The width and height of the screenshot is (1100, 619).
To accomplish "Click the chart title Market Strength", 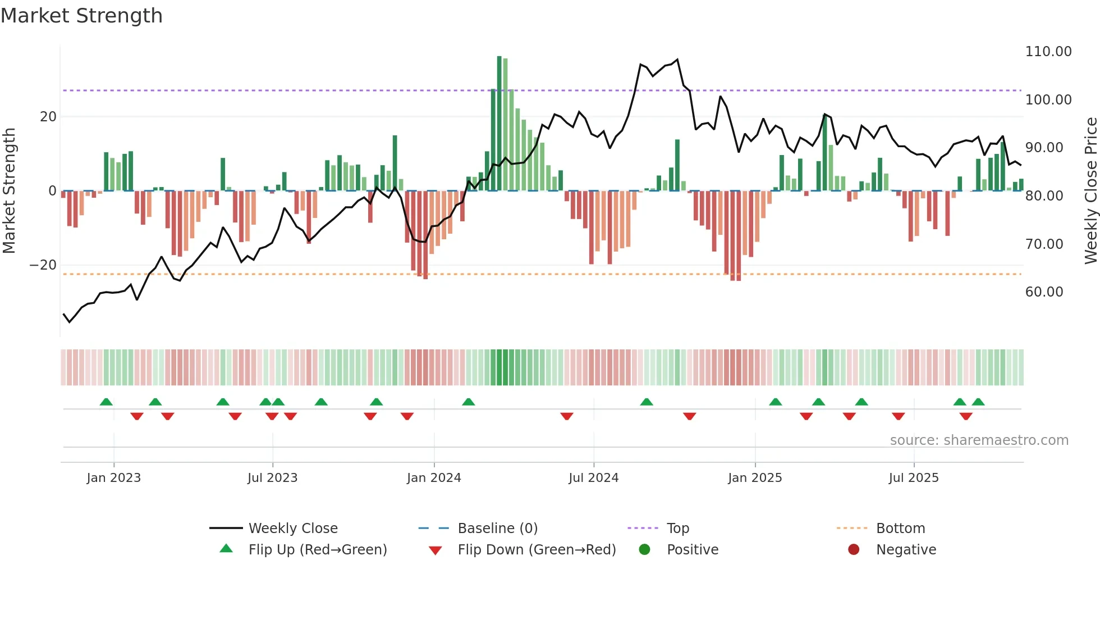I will (x=81, y=16).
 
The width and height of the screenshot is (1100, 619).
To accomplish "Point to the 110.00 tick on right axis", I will (x=1048, y=52).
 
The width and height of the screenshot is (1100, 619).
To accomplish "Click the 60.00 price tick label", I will (x=1044, y=292).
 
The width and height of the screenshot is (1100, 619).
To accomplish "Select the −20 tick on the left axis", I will (x=43, y=265).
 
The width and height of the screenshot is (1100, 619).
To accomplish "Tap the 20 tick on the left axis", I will (x=48, y=117).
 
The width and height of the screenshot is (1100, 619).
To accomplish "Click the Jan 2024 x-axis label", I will (x=434, y=478).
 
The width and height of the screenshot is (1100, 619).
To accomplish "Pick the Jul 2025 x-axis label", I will (x=913, y=478).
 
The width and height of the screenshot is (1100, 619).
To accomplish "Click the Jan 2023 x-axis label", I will (x=114, y=478).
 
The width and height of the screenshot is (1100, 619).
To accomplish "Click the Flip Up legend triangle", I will (x=226, y=549).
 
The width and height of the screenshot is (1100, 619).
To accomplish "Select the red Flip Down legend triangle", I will (x=435, y=550).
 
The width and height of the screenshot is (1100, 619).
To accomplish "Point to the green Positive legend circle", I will (x=644, y=550).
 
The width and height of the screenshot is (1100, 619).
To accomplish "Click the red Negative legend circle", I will (x=854, y=550).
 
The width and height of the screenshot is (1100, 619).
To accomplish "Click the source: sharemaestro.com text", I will (x=979, y=440).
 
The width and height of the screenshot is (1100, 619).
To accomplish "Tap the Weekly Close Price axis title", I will (x=1090, y=191).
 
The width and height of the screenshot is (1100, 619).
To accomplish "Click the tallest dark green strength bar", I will (x=499, y=124).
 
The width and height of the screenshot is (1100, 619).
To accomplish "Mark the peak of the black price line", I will (x=677, y=60).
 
